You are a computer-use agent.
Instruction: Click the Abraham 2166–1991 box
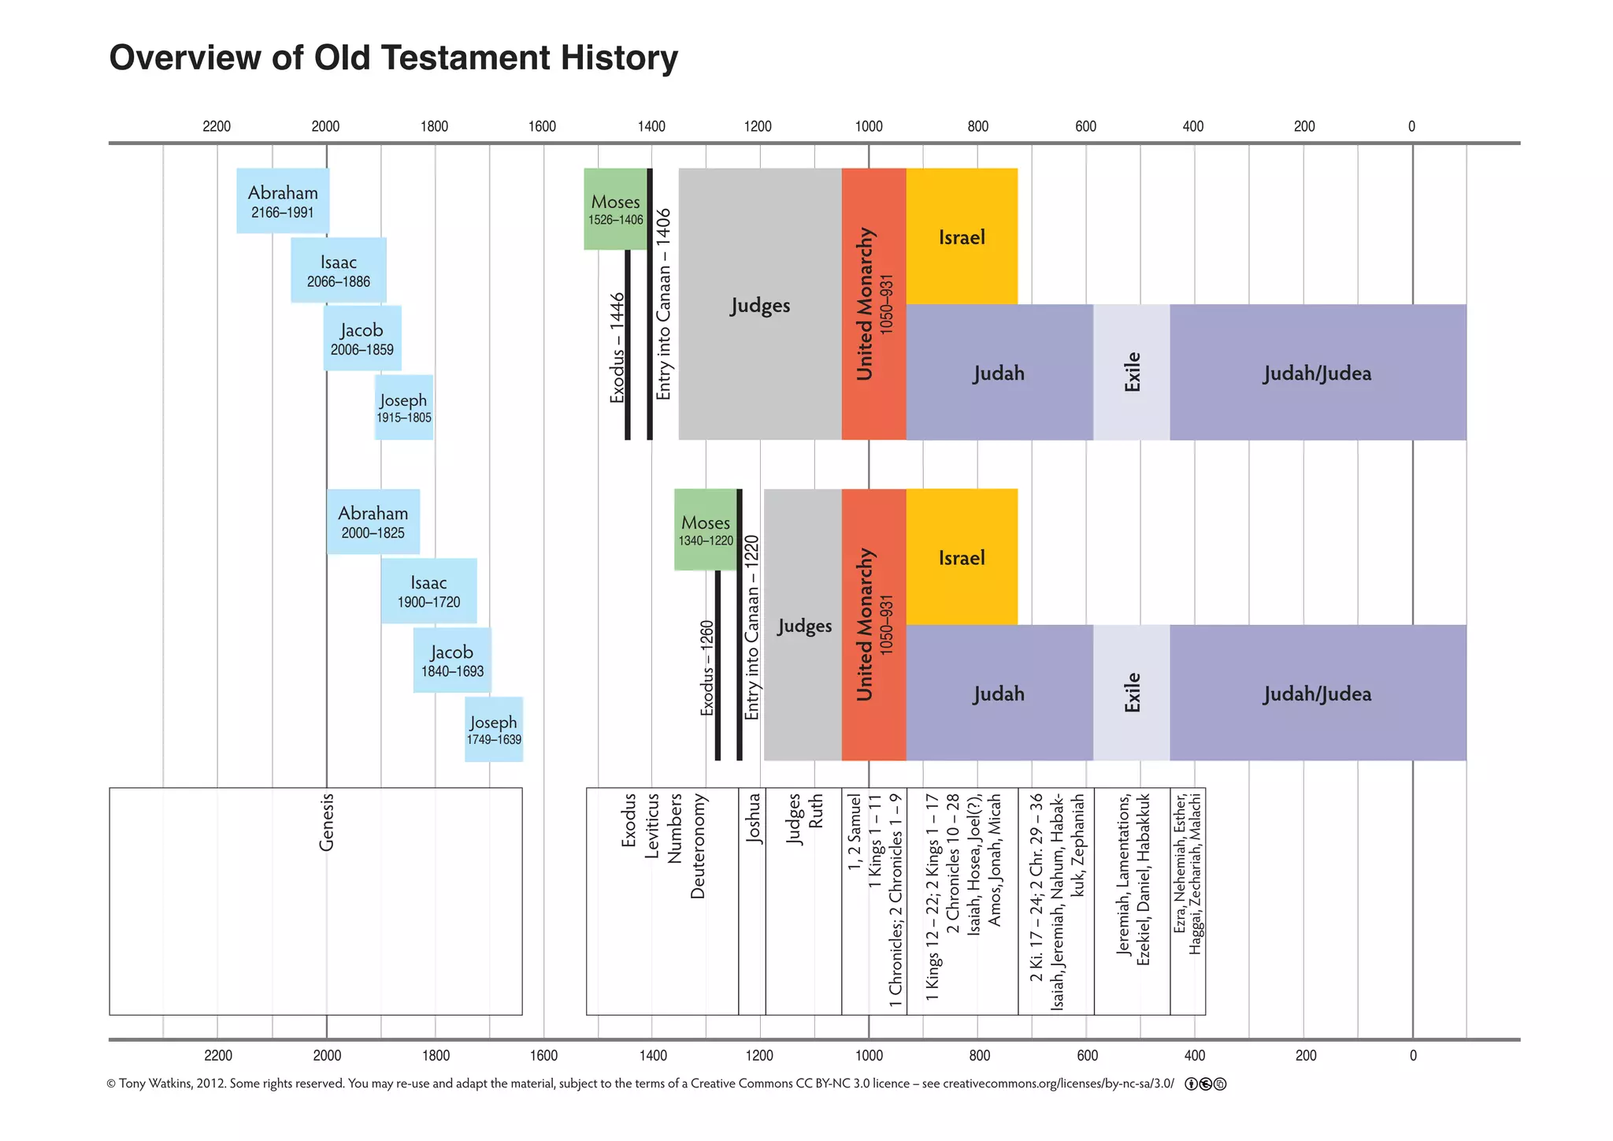point(283,201)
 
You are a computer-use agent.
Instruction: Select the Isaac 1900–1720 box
point(428,591)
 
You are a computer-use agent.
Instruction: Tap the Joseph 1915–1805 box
point(403,407)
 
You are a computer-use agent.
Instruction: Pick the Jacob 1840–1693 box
point(452,660)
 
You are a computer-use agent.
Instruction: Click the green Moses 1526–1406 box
point(615,209)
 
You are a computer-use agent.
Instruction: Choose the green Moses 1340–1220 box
point(706,530)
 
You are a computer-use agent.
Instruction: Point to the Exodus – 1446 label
point(617,348)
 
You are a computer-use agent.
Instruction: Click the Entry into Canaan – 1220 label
point(752,627)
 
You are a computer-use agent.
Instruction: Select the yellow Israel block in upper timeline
point(962,236)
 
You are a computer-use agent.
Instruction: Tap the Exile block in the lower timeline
point(1132,693)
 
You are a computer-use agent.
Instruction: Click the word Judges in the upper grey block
point(760,305)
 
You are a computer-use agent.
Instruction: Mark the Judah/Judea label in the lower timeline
point(1318,693)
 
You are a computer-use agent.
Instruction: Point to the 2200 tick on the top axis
point(217,126)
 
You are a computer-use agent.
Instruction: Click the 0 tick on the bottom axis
point(1413,1055)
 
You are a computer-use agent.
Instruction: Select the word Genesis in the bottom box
point(327,822)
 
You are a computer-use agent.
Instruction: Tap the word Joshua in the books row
point(754,818)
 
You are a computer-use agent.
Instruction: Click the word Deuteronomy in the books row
point(698,846)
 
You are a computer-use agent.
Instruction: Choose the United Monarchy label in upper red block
point(866,304)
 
